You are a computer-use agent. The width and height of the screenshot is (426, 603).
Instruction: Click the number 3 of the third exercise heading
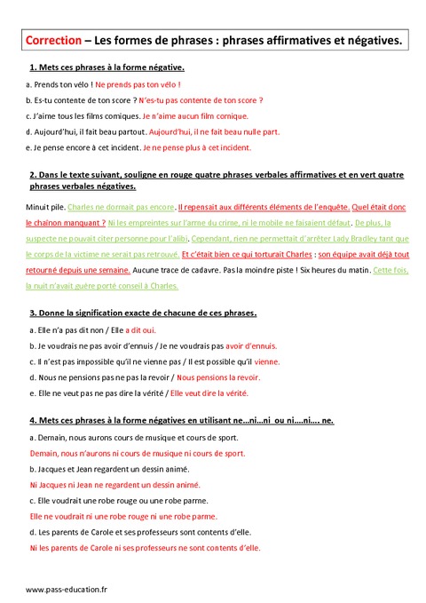tap(32, 313)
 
